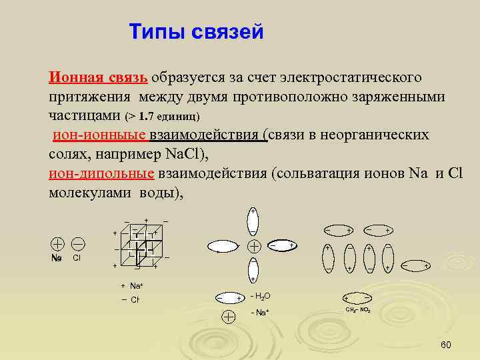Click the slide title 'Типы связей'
[196, 31]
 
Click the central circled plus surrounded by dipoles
[253, 245]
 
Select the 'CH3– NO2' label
[358, 311]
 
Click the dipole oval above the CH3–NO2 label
[358, 297]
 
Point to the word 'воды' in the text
[155, 193]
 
